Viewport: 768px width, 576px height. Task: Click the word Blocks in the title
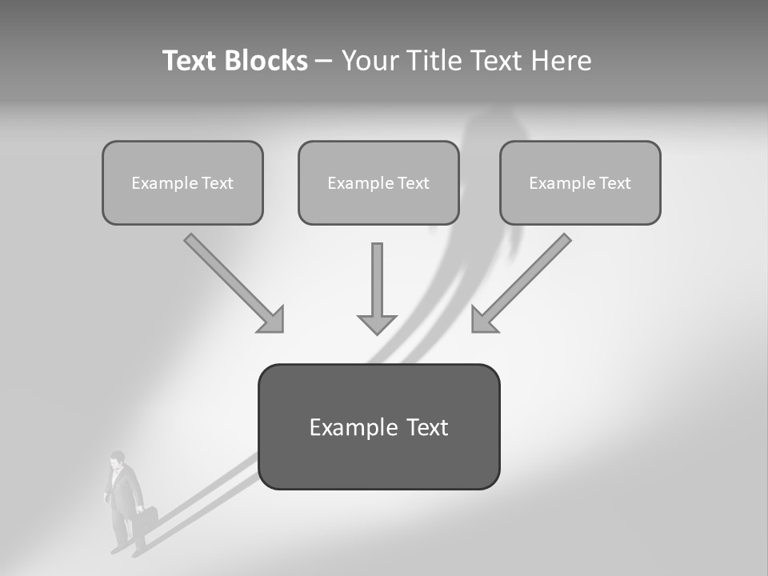coord(267,61)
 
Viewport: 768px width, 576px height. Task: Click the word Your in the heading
coord(367,61)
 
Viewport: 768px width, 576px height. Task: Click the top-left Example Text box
coord(182,183)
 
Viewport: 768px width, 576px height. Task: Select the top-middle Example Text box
coord(378,183)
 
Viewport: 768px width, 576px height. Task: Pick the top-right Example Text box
coord(580,183)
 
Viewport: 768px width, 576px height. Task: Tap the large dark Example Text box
coord(378,427)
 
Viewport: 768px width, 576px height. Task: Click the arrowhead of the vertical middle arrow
coord(377,324)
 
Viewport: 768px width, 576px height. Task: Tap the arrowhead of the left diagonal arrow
coord(273,320)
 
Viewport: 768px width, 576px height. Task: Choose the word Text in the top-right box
coord(614,183)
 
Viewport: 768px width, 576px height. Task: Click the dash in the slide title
coord(324,61)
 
